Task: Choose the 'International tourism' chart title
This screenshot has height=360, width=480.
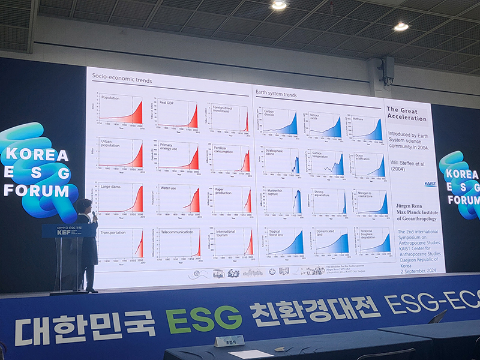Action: [226, 233]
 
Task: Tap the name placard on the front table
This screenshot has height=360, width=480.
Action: [229, 341]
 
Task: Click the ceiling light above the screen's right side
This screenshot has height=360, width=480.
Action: [401, 26]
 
